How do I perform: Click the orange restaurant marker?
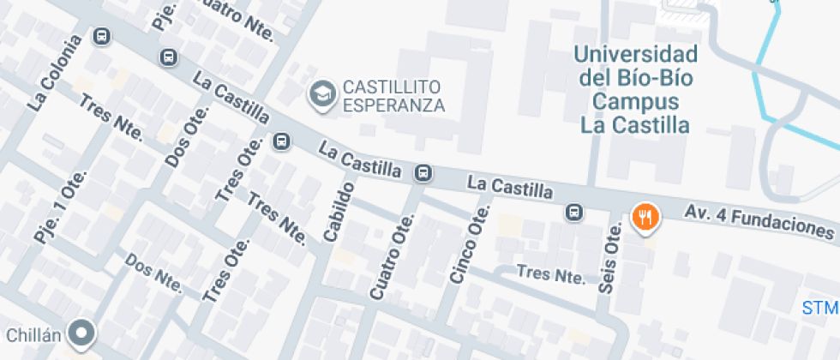[645, 218]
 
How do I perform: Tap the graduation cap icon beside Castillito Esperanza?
[323, 94]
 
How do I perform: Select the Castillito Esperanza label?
[393, 96]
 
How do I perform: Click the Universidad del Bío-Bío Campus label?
[635, 90]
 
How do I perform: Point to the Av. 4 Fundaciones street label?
[759, 220]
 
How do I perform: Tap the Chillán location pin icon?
[82, 333]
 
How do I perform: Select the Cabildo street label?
[339, 211]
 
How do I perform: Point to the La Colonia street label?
[54, 73]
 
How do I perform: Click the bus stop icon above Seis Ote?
[574, 212]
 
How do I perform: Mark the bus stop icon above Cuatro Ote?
[423, 173]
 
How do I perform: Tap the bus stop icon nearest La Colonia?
[102, 37]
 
